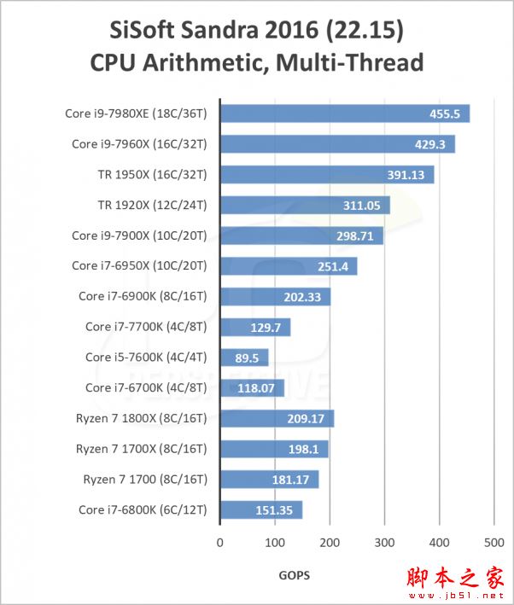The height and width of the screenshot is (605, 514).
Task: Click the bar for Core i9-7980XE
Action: [x=345, y=113]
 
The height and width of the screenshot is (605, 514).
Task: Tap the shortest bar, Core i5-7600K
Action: [x=244, y=358]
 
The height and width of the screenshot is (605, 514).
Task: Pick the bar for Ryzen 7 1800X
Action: [x=277, y=419]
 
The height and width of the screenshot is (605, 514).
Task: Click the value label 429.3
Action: [x=430, y=144]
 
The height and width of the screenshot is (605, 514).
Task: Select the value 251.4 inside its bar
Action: [x=333, y=266]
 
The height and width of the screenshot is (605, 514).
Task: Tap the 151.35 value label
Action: [x=275, y=511]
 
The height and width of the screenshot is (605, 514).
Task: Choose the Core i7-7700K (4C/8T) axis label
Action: [x=146, y=327]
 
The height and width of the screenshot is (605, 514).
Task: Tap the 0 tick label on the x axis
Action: [x=220, y=542]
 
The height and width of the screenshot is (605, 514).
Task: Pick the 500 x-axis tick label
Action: [x=439, y=542]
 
